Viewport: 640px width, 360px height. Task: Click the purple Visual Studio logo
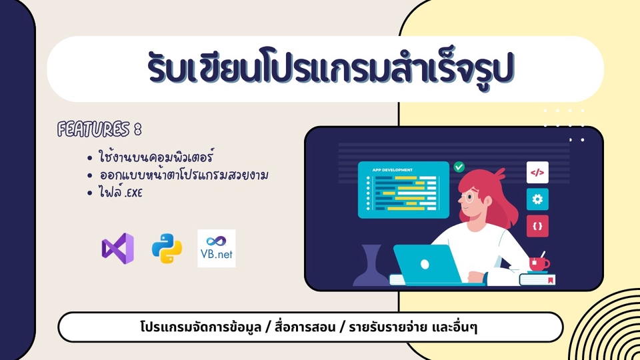click(x=117, y=248)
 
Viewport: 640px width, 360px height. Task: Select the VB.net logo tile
click(x=217, y=249)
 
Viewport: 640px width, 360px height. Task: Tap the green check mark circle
click(x=459, y=167)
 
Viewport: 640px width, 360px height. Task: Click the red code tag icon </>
click(x=537, y=173)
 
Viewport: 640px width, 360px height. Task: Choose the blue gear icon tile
click(x=537, y=199)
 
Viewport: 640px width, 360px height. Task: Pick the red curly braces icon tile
click(x=537, y=226)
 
